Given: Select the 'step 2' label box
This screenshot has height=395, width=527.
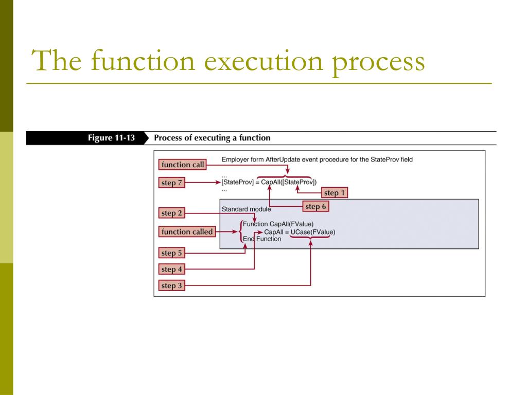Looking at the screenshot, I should point(171,213).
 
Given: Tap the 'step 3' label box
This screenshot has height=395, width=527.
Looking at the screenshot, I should point(171,285).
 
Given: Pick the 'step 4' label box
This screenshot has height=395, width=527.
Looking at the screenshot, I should point(171,269).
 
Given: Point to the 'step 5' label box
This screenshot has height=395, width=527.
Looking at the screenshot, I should point(171,253).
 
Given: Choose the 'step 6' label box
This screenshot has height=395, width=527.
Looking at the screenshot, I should point(315,207).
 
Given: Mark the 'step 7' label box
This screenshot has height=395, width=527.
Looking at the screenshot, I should point(171,183).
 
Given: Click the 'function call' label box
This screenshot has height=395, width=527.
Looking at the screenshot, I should point(182,165).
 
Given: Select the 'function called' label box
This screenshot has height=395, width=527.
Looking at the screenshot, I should point(186,232).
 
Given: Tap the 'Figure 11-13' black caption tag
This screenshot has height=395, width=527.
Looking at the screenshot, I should point(111,138).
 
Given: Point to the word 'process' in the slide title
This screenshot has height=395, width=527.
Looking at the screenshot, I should point(379,61).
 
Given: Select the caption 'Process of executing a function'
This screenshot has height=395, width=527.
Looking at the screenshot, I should point(212,138).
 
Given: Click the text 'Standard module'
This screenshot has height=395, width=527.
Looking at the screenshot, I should point(246,209).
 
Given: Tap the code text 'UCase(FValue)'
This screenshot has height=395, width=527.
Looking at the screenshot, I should point(312,232).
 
